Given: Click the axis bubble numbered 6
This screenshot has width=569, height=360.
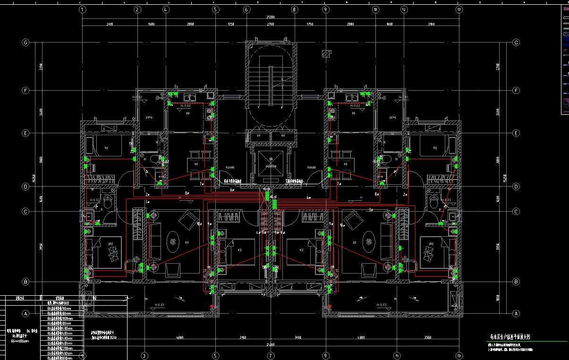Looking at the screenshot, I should click(246, 9).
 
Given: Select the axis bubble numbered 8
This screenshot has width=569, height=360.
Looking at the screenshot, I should click(294, 9).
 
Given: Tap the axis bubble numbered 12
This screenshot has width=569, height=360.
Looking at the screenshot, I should click(404, 9).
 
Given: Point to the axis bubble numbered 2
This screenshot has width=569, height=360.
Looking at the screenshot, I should click(137, 9).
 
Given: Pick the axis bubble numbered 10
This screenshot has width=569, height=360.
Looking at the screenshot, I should click(375, 9).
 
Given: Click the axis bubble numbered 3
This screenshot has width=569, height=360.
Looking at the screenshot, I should click(144, 355).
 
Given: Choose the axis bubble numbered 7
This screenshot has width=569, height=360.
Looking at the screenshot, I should click(271, 355).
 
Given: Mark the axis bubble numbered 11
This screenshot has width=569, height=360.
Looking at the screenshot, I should click(397, 355).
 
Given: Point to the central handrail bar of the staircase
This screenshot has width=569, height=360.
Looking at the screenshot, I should click(271, 85).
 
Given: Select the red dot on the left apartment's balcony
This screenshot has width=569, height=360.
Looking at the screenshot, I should click(212, 307).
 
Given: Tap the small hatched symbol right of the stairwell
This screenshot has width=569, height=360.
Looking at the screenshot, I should click(325, 52).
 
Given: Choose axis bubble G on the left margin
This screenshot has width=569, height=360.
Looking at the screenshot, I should click(26, 43).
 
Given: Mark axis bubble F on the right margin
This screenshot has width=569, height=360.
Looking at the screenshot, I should click(516, 90).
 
